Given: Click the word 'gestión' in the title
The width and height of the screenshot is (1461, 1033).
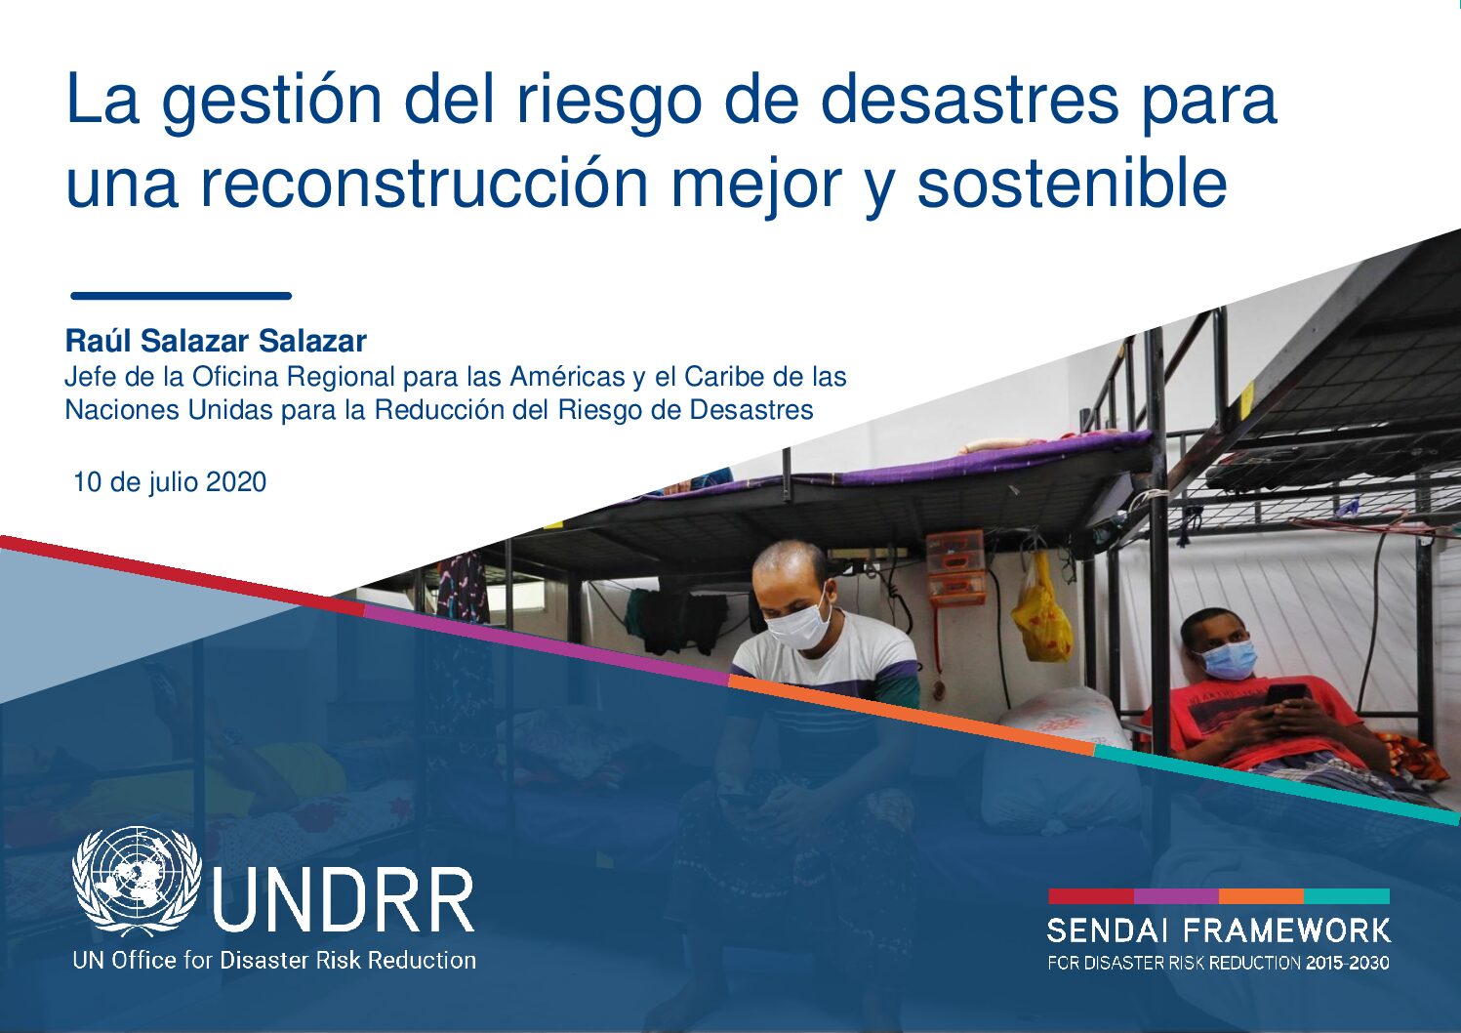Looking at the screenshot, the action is (x=271, y=102).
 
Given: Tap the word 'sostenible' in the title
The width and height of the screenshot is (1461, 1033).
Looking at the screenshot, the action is (x=1073, y=184).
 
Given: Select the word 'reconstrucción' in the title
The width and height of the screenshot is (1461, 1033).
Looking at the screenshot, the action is (x=424, y=185).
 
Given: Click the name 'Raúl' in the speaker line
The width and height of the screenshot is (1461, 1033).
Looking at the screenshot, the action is (x=97, y=342).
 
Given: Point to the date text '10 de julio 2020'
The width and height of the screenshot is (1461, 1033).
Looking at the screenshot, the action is (x=170, y=482).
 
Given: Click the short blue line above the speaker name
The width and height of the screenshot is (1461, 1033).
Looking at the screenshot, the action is (x=181, y=296).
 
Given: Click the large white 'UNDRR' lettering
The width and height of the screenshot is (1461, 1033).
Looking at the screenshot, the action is (x=344, y=901).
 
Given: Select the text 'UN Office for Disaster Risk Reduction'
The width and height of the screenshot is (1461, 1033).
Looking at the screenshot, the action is (x=274, y=961).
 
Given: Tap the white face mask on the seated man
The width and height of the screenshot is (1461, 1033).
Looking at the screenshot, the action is (x=798, y=623).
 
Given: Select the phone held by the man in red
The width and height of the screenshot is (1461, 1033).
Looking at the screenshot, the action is (x=1284, y=694).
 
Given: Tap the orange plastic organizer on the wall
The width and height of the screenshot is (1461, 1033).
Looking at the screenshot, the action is (x=954, y=566).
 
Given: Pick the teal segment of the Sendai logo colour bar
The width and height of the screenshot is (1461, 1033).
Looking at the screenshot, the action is (x=1347, y=896).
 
